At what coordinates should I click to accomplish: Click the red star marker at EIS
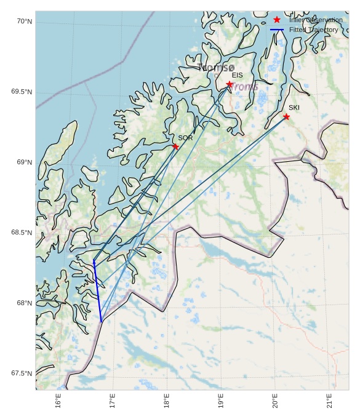click(x=230, y=84)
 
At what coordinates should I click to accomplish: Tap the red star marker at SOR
click(x=175, y=146)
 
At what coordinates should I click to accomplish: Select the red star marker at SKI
click(x=286, y=116)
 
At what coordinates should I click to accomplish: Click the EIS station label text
click(x=237, y=75)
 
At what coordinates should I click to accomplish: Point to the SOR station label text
click(x=185, y=138)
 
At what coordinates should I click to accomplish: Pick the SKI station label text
click(x=294, y=108)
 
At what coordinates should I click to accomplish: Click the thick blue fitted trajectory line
click(x=97, y=292)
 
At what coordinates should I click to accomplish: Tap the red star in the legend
click(x=277, y=20)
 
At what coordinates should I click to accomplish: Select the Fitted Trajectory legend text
click(x=313, y=30)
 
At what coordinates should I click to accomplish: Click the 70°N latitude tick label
click(x=24, y=22)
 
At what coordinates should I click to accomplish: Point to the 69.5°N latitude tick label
click(x=22, y=92)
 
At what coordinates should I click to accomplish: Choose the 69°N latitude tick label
click(x=24, y=162)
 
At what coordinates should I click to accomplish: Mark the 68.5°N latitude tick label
click(x=22, y=233)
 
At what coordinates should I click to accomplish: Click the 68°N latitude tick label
click(x=24, y=303)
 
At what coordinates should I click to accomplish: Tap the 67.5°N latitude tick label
click(x=22, y=373)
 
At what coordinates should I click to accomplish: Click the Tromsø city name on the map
click(x=217, y=67)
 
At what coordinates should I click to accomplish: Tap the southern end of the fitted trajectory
click(x=102, y=321)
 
